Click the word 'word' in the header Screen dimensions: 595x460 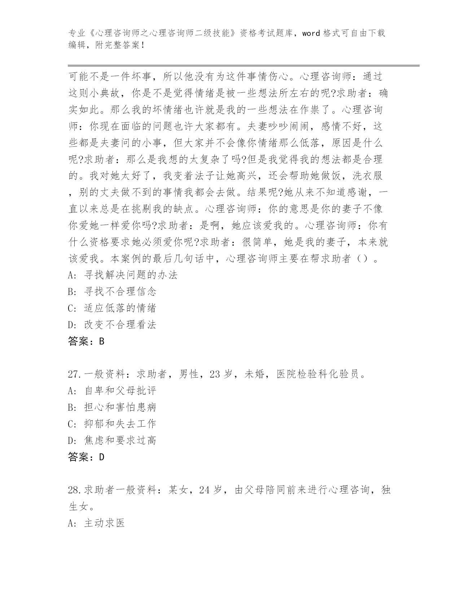311,34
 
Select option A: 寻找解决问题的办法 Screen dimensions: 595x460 123,275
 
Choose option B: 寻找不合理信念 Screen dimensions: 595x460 112,292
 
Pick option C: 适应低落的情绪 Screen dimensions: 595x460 112,308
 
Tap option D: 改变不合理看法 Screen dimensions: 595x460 112,325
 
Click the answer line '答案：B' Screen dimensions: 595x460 86,341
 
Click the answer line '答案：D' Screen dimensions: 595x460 86,458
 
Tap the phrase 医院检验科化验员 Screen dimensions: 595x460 318,375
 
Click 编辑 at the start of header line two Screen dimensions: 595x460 76,45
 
